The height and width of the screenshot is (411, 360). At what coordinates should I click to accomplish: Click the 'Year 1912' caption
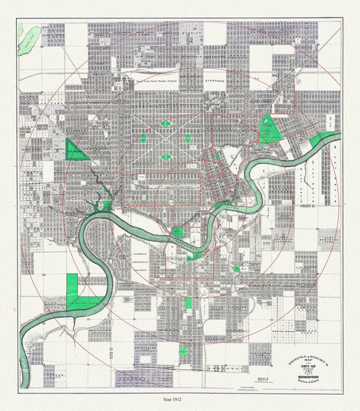(x=180, y=399)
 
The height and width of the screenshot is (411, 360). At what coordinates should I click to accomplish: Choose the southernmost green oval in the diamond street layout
(x=166, y=157)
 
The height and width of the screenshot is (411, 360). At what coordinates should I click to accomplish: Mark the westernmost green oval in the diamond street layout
(x=143, y=139)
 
